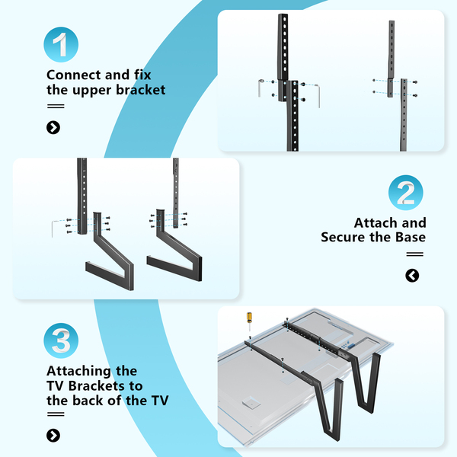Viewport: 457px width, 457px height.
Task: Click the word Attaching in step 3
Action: (81, 371)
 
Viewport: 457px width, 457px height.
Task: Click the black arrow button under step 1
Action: (53, 127)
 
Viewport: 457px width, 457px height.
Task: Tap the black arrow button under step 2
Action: (412, 276)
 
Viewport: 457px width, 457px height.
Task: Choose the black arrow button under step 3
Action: (53, 436)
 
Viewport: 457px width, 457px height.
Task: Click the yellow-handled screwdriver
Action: (248, 317)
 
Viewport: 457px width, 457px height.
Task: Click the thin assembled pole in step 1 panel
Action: (393, 84)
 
